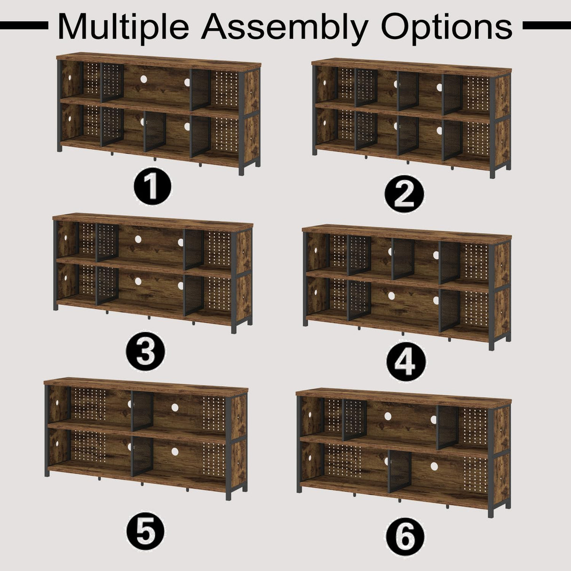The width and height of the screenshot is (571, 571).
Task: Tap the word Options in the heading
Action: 447,27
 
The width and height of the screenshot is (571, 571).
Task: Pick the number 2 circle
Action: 404,194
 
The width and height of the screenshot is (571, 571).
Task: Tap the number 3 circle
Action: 146,352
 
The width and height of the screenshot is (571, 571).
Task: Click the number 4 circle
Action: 406,362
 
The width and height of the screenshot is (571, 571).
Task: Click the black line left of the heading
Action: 24,25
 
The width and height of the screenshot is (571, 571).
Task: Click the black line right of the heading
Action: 547,25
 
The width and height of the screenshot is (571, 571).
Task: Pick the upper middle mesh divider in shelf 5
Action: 142,411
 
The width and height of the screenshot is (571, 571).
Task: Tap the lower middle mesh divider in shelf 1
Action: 155,132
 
